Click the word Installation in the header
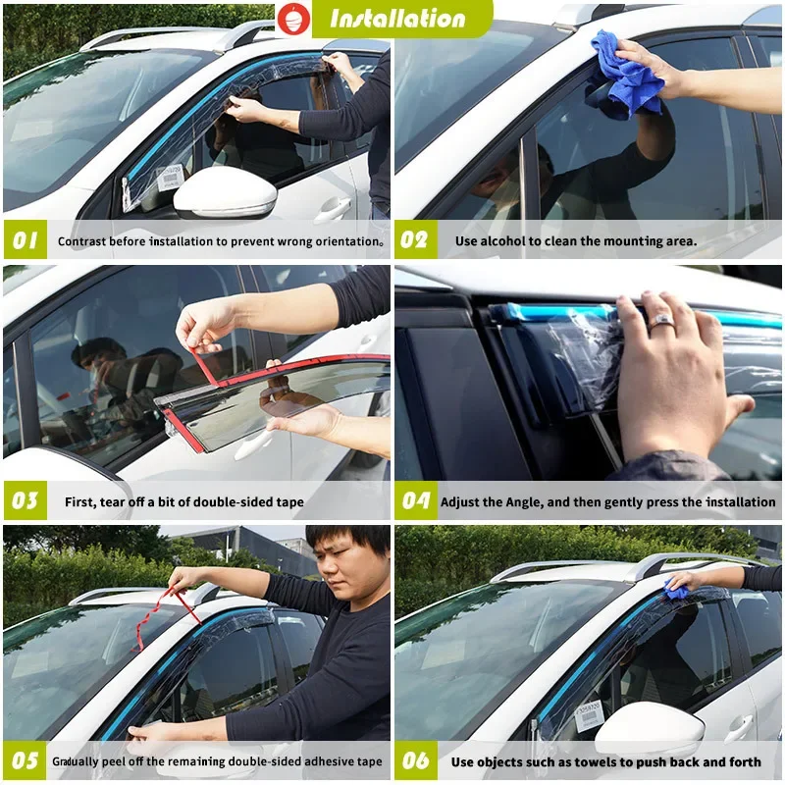(x=397, y=19)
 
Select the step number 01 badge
(x=25, y=240)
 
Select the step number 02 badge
(x=415, y=240)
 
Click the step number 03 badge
(x=25, y=500)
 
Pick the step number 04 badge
(x=415, y=500)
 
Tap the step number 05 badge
(x=25, y=760)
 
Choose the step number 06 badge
(x=415, y=760)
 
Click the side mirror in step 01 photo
(x=225, y=193)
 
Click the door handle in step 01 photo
(x=334, y=208)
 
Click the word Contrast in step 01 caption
(x=82, y=241)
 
